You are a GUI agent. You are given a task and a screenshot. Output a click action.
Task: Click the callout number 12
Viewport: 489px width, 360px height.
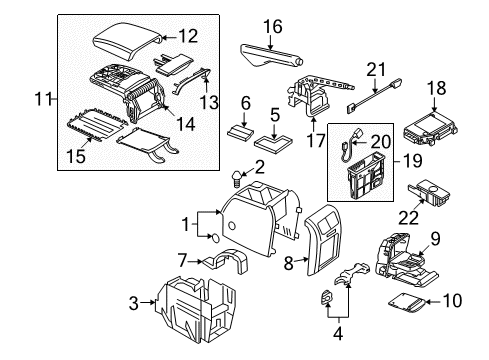click(x=188, y=36)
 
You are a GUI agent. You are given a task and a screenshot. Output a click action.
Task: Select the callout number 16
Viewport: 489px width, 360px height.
click(x=273, y=26)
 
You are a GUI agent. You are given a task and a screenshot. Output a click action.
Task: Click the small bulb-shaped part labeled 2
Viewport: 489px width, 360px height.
click(x=236, y=179)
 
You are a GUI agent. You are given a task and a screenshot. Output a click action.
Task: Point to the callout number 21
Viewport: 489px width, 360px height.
click(x=376, y=70)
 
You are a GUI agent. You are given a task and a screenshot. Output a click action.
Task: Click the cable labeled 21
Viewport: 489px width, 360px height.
click(x=375, y=96)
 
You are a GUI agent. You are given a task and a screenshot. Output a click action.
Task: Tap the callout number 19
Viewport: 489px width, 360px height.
click(x=413, y=161)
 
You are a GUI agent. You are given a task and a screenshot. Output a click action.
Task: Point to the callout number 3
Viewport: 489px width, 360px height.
click(x=134, y=303)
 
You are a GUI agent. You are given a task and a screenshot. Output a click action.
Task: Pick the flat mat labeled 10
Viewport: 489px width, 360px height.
click(x=407, y=303)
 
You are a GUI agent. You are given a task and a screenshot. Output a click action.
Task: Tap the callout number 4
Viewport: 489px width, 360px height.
click(x=338, y=334)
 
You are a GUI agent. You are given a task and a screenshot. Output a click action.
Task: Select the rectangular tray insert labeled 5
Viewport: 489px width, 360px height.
click(x=274, y=143)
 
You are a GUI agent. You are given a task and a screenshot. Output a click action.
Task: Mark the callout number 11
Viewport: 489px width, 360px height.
click(x=43, y=99)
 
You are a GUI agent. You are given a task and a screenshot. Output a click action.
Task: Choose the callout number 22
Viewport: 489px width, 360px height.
click(x=409, y=217)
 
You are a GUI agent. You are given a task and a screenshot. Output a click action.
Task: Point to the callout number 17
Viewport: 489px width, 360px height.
click(x=315, y=140)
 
